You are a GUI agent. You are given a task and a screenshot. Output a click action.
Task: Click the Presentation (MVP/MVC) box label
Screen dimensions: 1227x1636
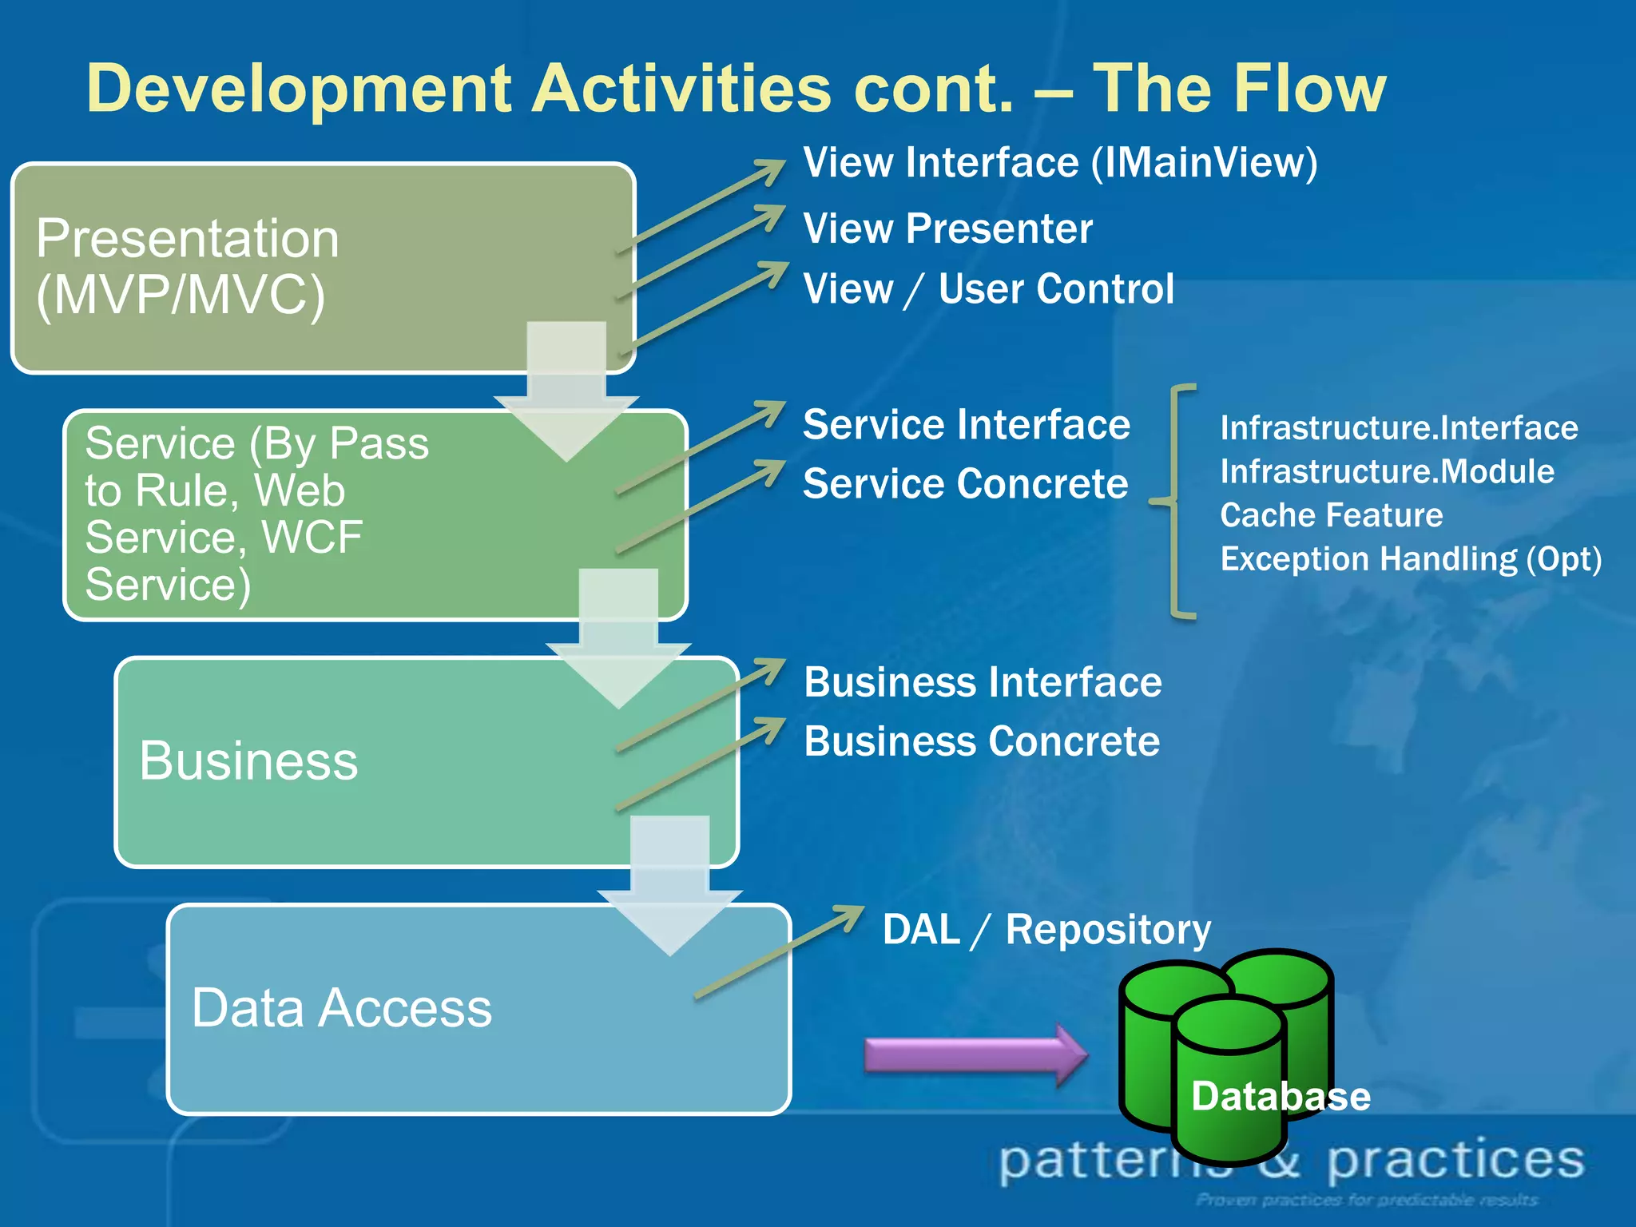pyautogui.click(x=188, y=267)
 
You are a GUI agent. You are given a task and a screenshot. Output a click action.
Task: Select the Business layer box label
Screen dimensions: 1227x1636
pyautogui.click(x=248, y=760)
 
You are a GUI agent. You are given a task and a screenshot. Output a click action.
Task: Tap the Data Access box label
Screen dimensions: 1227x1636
pyautogui.click(x=341, y=1008)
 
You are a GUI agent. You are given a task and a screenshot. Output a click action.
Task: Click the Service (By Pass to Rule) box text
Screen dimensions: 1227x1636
pyautogui.click(x=256, y=513)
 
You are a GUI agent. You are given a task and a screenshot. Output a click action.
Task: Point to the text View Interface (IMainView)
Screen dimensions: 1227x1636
pyautogui.click(x=1059, y=163)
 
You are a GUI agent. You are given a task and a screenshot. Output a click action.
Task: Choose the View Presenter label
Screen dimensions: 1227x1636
pyautogui.click(x=947, y=229)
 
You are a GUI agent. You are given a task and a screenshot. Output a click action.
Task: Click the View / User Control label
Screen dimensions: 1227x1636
pyautogui.click(x=988, y=289)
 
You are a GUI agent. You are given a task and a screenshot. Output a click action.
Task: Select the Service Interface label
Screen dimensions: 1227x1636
pyautogui.click(x=966, y=424)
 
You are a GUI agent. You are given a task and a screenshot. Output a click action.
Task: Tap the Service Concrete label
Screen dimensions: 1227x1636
pyautogui.click(x=965, y=484)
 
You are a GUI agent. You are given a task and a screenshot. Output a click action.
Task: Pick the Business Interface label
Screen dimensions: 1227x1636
pyautogui.click(x=983, y=683)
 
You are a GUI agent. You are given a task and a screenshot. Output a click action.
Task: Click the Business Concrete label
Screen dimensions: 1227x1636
pyautogui.click(x=982, y=742)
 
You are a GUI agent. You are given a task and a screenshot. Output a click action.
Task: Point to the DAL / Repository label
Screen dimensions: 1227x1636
pyautogui.click(x=1046, y=930)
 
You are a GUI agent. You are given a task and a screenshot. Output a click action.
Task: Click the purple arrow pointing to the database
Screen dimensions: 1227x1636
pyautogui.click(x=975, y=1054)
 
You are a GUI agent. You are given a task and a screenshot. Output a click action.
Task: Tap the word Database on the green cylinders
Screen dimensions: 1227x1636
pyautogui.click(x=1281, y=1096)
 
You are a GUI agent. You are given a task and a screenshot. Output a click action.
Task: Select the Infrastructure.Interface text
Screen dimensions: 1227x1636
pyautogui.click(x=1399, y=428)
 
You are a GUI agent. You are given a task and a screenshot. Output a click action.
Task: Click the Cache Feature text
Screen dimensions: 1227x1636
pyautogui.click(x=1331, y=515)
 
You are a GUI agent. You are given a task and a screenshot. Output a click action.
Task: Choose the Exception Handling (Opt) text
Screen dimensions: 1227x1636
pyautogui.click(x=1411, y=559)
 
